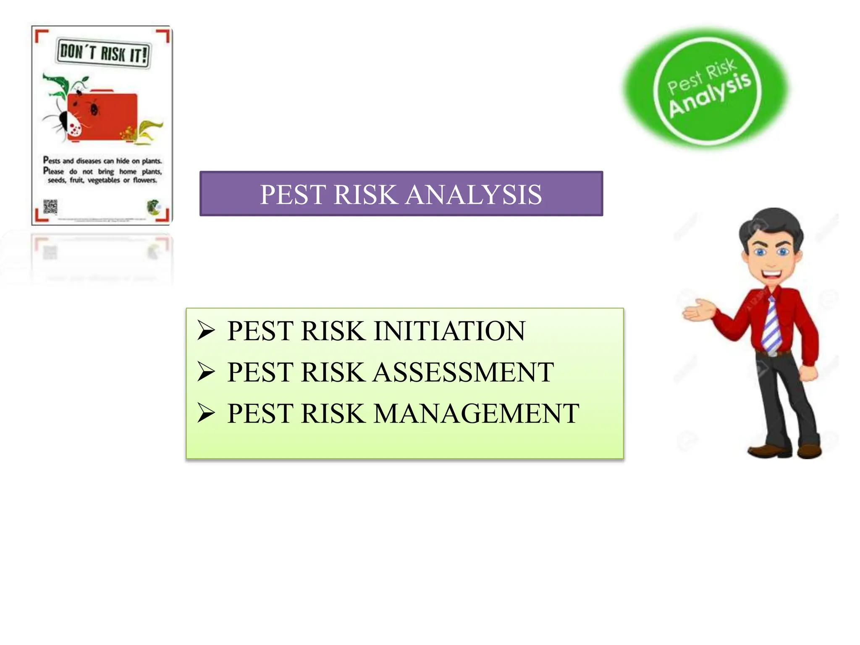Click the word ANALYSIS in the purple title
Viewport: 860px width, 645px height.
coord(474,195)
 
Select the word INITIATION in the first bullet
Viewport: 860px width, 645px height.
coord(449,331)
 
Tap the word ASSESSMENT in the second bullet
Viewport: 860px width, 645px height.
coord(464,372)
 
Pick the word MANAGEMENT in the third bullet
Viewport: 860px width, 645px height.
coord(476,414)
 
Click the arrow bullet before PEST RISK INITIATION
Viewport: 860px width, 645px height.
coord(206,330)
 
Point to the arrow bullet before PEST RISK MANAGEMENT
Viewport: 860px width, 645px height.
coord(206,413)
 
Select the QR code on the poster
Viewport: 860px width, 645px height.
coord(50,207)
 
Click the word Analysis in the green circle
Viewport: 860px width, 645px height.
coord(710,94)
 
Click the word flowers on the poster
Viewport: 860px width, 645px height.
coord(145,180)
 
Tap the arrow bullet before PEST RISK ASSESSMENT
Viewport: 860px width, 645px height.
coord(206,372)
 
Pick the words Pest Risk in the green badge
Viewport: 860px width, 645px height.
coord(701,76)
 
